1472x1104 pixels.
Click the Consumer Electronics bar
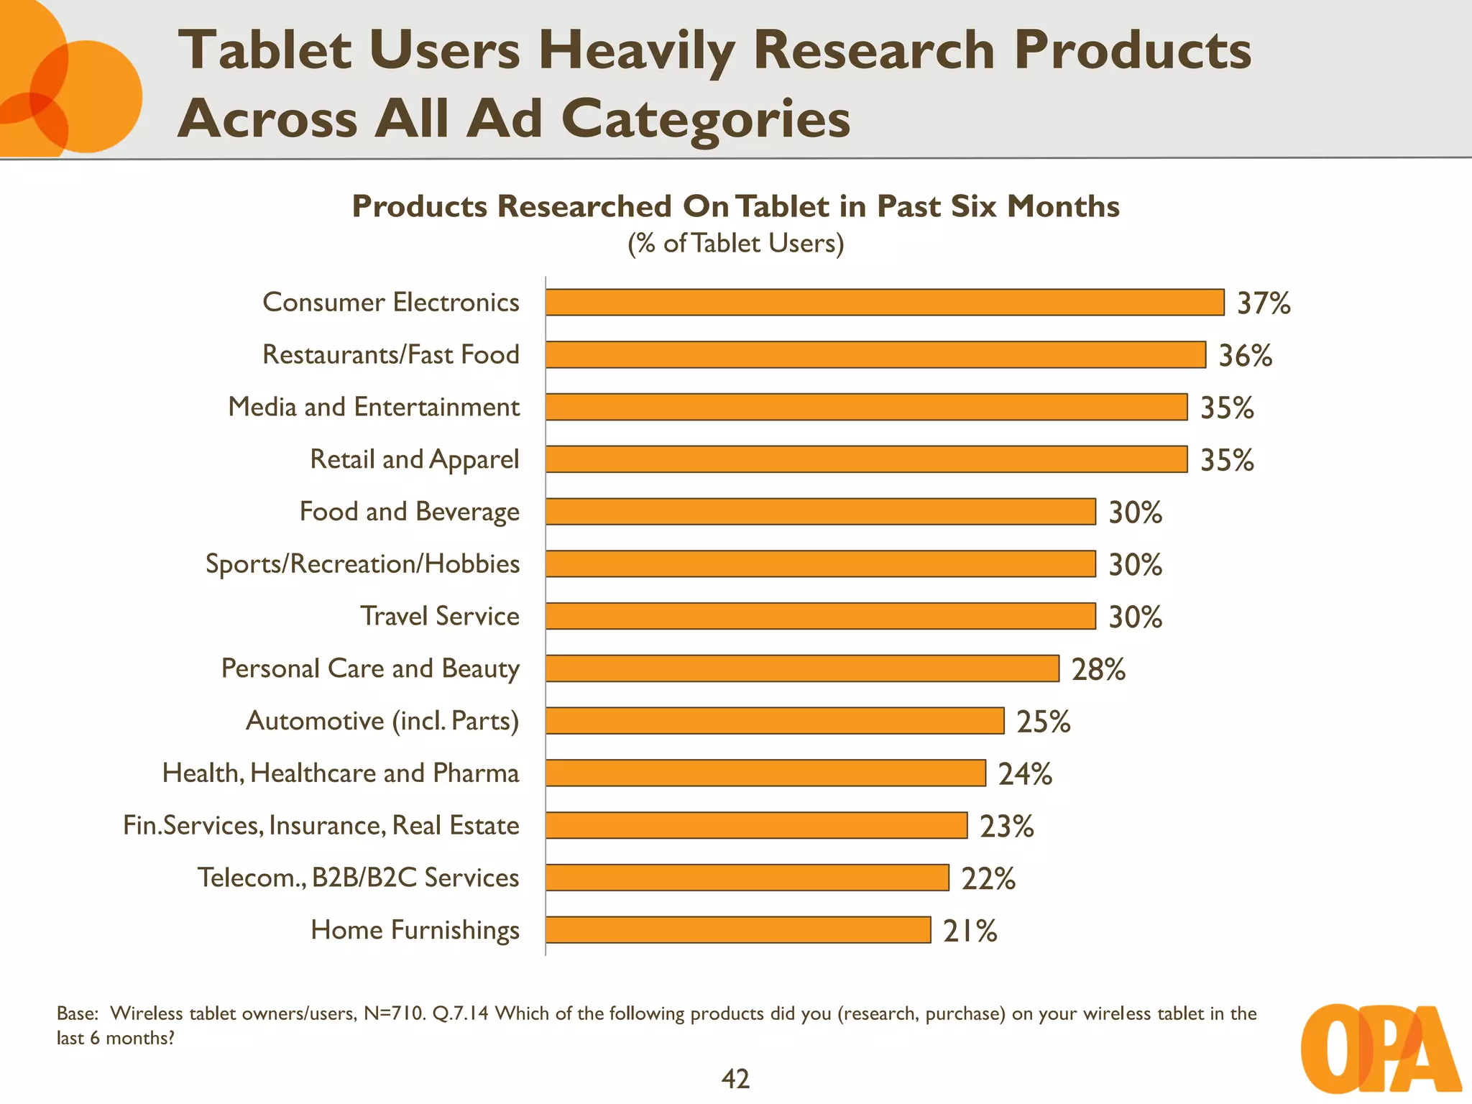[x=884, y=302]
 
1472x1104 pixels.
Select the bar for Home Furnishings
[x=738, y=929]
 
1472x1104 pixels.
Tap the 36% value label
[x=1245, y=356]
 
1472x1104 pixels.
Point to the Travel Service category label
[x=440, y=616]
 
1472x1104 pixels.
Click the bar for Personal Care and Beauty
[x=802, y=668]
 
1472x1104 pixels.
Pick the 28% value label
[x=1098, y=669]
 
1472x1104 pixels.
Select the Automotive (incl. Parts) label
[x=382, y=720]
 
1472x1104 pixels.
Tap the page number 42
[x=735, y=1079]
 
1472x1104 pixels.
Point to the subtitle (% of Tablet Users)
[x=735, y=243]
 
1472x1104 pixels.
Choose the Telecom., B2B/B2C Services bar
[x=747, y=878]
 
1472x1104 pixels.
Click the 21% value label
[x=970, y=931]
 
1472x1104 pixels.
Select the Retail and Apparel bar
[x=866, y=459]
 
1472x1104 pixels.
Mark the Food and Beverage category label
[x=409, y=512]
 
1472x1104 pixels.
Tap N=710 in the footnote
[x=395, y=1013]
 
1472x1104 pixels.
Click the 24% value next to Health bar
[x=1024, y=774]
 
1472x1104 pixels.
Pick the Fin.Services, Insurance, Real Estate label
[x=321, y=825]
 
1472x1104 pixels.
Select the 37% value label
[x=1263, y=303]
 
